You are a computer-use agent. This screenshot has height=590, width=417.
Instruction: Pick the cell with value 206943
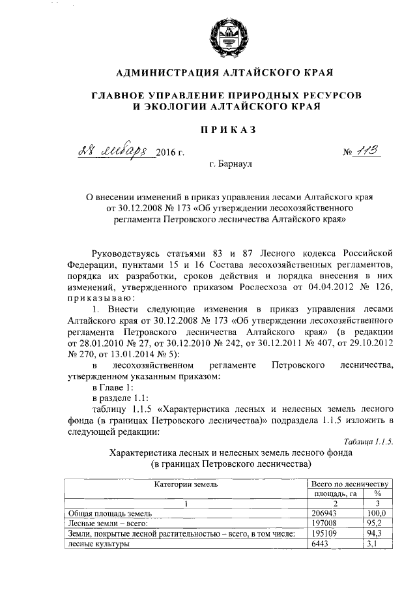(324, 514)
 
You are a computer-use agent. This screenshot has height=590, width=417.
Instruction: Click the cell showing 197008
(324, 524)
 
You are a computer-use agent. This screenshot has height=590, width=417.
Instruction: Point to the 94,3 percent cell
(372, 534)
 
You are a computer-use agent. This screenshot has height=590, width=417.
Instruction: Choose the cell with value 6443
(321, 544)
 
